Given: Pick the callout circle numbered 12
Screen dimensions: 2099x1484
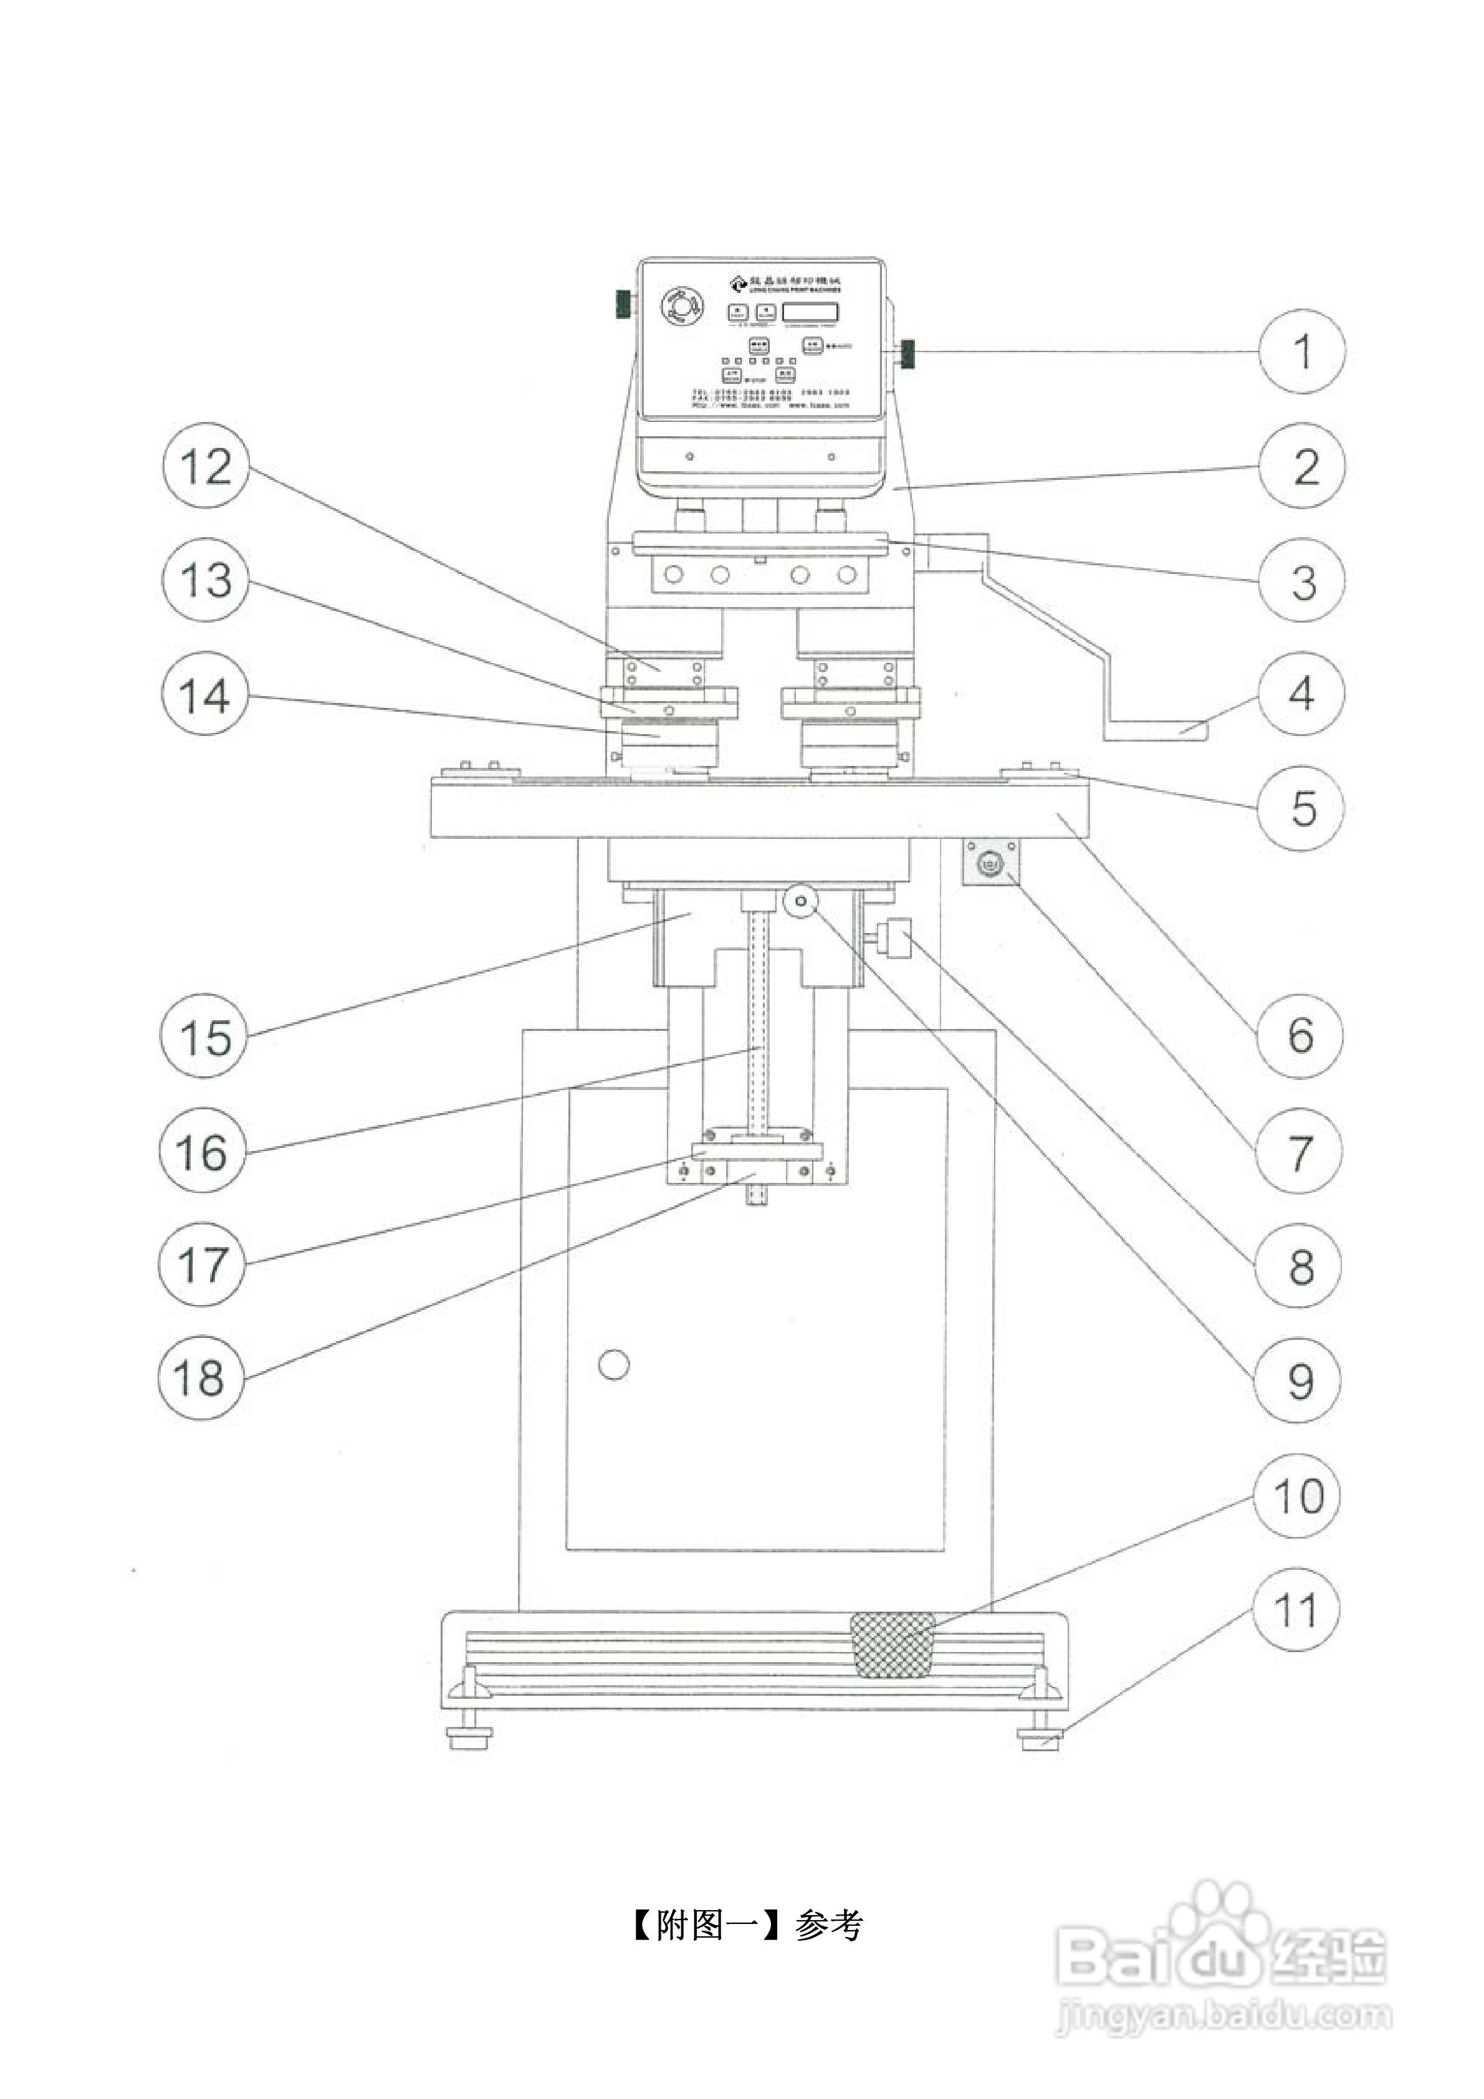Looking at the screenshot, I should coord(206,466).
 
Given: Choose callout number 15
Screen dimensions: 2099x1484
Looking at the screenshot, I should coord(203,1036).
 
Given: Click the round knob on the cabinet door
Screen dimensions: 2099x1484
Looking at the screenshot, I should coord(613,1365).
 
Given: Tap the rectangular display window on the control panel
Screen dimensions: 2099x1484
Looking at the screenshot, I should coord(810,311).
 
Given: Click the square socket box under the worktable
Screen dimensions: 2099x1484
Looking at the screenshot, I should coord(991,863).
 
